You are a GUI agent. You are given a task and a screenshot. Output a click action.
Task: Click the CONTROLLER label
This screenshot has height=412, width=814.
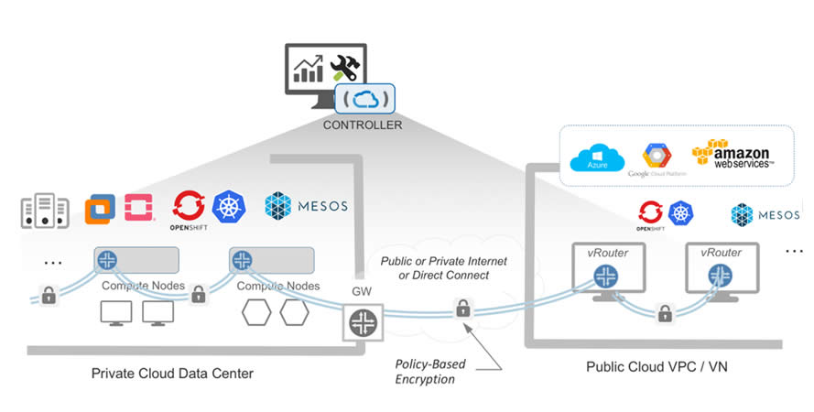pyautogui.click(x=363, y=124)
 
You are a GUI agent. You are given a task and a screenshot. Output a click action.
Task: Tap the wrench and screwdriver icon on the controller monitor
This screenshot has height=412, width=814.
pyautogui.click(x=346, y=66)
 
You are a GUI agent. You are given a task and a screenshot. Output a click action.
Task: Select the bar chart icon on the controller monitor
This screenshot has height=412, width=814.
pyautogui.click(x=308, y=69)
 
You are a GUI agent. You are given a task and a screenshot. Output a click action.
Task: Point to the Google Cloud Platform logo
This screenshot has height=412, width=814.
pyautogui.click(x=657, y=158)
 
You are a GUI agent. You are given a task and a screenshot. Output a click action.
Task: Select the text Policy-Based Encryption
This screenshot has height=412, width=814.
pyautogui.click(x=430, y=371)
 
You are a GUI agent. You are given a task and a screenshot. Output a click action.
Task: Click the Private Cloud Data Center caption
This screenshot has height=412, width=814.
pyautogui.click(x=172, y=374)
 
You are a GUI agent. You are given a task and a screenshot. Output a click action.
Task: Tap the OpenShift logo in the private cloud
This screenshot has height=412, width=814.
pyautogui.click(x=190, y=208)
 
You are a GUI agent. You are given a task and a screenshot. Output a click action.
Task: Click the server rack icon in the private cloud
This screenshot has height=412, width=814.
pyautogui.click(x=45, y=211)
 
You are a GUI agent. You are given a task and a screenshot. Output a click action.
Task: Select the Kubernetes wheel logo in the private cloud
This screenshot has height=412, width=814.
pyautogui.click(x=229, y=206)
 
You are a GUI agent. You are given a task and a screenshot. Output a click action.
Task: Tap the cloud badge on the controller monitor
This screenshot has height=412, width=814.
pyautogui.click(x=367, y=98)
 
